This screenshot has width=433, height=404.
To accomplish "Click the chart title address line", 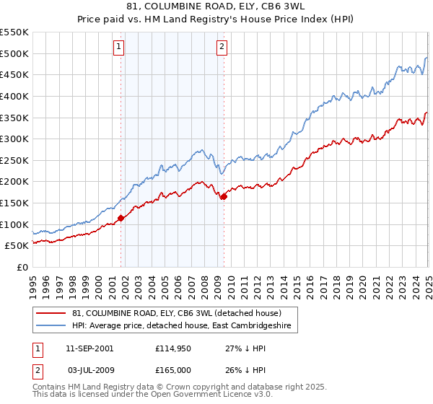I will coord(216,8).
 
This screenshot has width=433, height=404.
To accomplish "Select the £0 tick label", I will coord(22,268).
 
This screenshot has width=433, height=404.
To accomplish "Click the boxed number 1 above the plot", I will coord(118,48).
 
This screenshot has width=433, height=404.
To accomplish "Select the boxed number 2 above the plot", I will coord(221,48).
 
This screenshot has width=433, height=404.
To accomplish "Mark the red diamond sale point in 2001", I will coord(121,218).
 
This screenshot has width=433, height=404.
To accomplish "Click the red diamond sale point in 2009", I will coord(224,196).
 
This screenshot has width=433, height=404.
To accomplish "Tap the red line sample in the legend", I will coord(51,313).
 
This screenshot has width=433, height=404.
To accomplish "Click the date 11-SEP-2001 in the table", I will coord(89,348).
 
